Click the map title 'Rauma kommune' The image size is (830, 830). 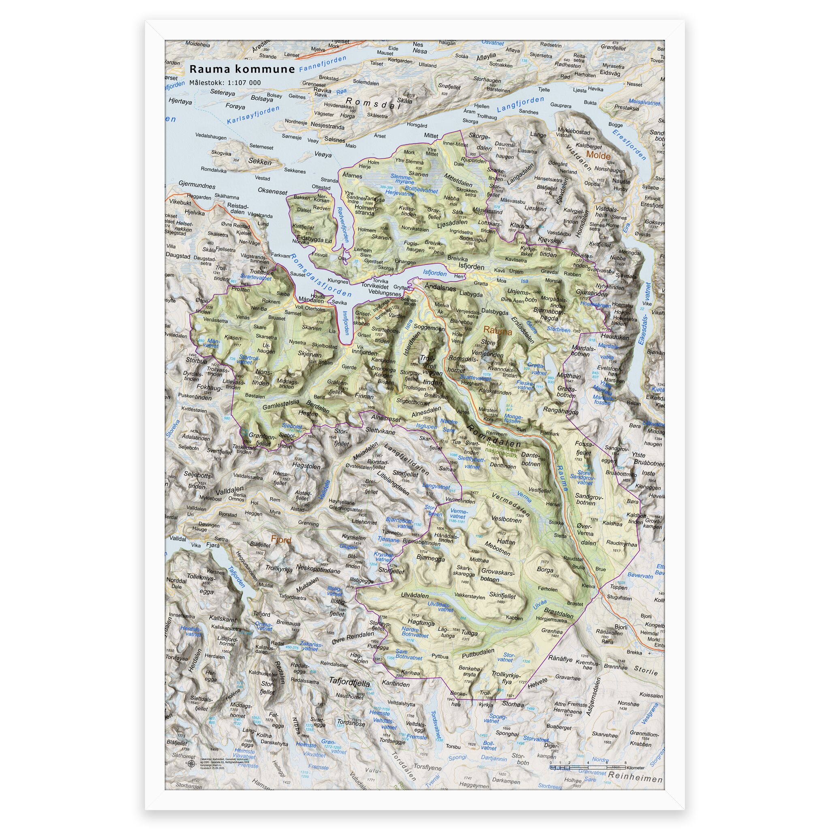[242, 69]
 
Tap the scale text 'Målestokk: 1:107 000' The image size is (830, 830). [225, 83]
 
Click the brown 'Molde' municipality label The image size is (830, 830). [598, 156]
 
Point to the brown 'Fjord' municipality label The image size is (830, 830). [281, 540]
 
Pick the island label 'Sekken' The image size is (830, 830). [260, 162]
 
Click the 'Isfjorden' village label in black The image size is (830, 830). [471, 266]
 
